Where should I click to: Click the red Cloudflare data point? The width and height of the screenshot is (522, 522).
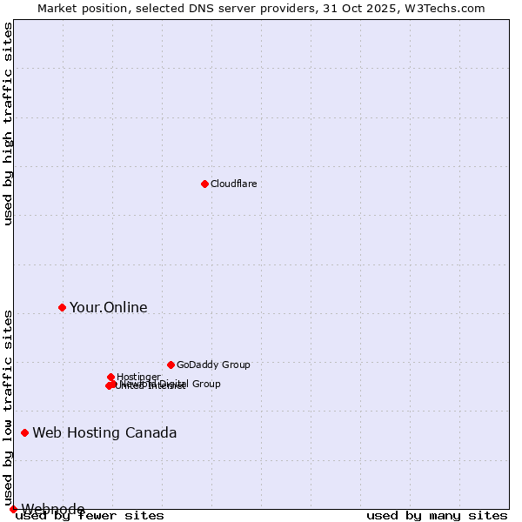[x=204, y=184]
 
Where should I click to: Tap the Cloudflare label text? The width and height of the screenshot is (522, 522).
[x=233, y=184]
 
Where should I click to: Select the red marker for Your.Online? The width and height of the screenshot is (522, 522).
[x=62, y=307]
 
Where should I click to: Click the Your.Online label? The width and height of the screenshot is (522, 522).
[x=108, y=307]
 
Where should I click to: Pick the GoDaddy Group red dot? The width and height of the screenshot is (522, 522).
[x=171, y=365]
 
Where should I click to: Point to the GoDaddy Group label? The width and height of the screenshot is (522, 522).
[x=213, y=365]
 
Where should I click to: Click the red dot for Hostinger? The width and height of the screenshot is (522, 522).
[x=110, y=377]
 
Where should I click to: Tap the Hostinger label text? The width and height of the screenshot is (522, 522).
[x=138, y=377]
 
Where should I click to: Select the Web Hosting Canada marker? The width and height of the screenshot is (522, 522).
[x=24, y=432]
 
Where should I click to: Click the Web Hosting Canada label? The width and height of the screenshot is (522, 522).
[x=104, y=432]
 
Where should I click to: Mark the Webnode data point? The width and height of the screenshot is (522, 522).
[x=13, y=509]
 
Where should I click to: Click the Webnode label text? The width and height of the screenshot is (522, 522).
[x=53, y=509]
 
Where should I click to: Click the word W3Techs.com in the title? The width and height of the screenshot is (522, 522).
[x=453, y=8]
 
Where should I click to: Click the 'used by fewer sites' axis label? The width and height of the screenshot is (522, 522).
[x=90, y=516]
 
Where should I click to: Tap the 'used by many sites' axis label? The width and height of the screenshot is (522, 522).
[x=437, y=516]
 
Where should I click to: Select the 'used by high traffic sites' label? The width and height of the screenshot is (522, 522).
[x=9, y=124]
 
